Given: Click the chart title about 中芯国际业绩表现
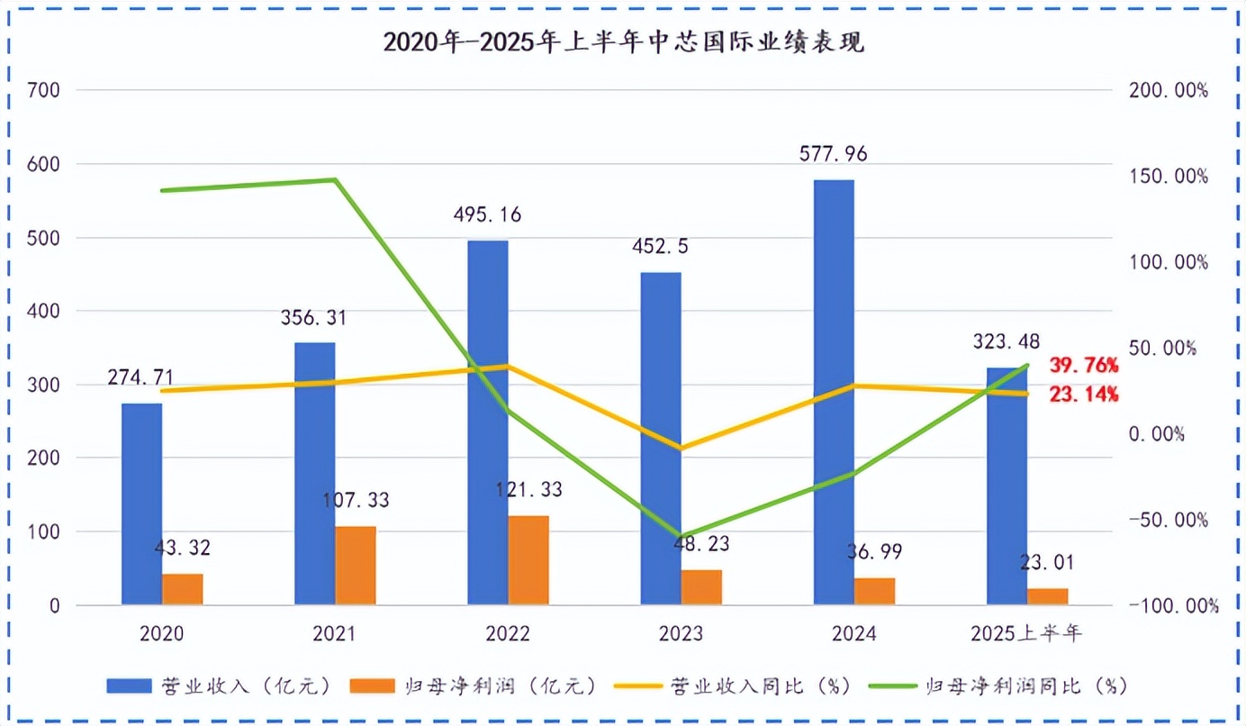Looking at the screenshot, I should tap(623, 42).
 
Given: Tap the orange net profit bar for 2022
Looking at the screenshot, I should tap(528, 559).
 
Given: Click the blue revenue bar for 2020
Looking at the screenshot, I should tap(142, 504).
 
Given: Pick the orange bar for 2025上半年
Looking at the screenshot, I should tap(1048, 596).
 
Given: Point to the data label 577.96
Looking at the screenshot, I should tap(833, 154).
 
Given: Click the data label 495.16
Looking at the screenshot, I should tap(487, 215).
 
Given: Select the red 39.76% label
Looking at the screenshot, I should tap(1084, 366).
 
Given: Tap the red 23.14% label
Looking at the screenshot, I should tap(1084, 394).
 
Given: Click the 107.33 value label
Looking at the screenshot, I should tap(356, 501).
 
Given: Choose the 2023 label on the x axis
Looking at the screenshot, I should tap(681, 634).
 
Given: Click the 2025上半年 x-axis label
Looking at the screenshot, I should tap(1026, 634).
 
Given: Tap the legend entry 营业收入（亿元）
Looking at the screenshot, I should tap(221, 685).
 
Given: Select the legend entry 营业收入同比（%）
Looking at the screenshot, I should tap(734, 685).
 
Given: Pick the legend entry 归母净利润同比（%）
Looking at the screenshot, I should tap(999, 685).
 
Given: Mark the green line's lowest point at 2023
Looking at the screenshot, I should tap(681, 537).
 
